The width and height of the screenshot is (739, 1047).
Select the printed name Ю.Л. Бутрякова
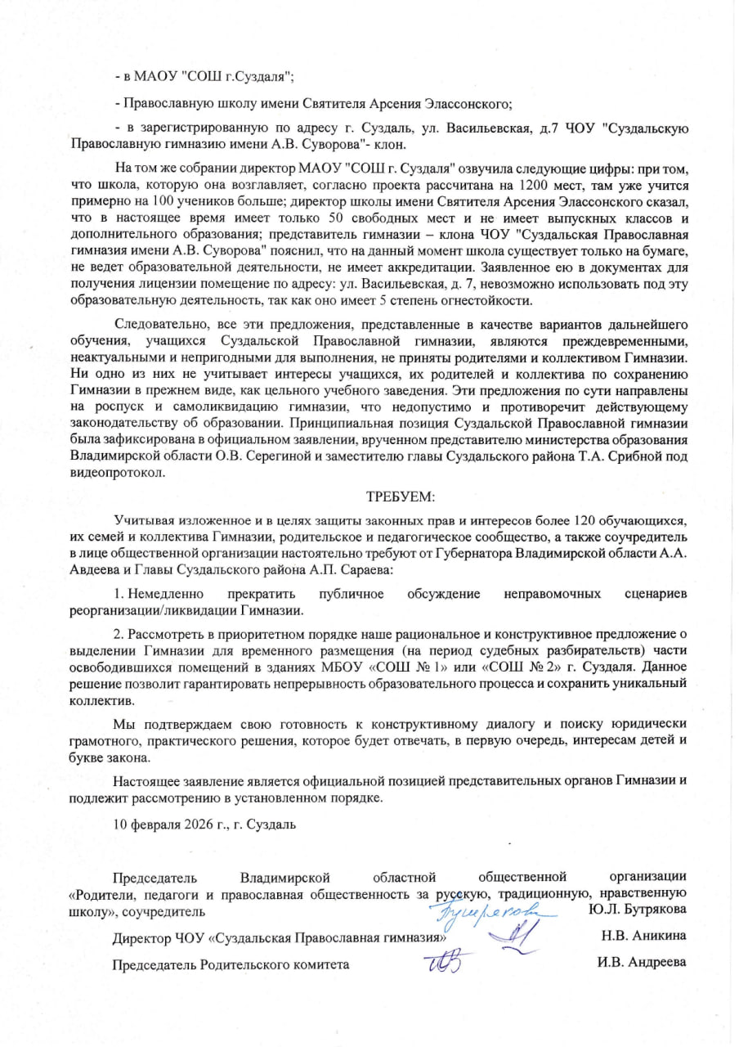637,910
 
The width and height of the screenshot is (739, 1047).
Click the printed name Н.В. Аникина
643,936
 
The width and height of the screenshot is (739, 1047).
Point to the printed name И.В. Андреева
642,963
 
